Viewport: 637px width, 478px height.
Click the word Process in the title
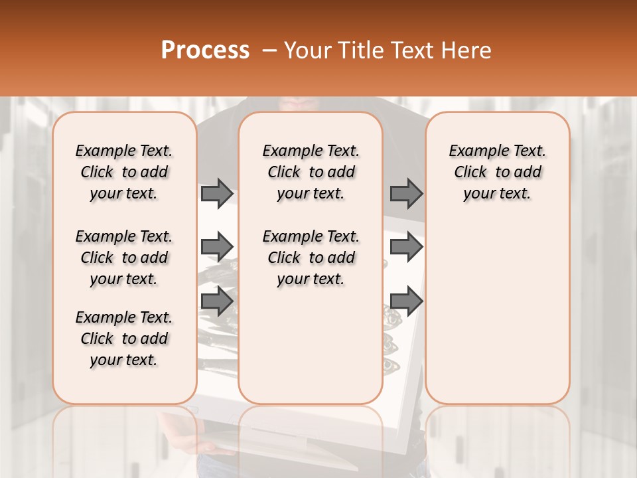[205, 50]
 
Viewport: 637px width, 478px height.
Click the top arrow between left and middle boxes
[217, 193]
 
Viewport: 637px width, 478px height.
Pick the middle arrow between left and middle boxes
[217, 247]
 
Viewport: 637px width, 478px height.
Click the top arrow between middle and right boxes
[406, 193]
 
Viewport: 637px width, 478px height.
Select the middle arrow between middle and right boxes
[406, 247]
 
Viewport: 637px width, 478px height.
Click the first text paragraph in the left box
[124, 172]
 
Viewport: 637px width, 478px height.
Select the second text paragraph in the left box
[124, 258]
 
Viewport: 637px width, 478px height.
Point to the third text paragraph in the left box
[124, 339]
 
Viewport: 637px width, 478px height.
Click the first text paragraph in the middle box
[311, 172]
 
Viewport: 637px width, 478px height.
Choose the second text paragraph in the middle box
[311, 258]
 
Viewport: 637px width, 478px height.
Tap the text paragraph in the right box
[498, 172]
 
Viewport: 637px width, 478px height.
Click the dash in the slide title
[269, 50]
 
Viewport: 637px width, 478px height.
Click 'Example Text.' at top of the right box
[498, 151]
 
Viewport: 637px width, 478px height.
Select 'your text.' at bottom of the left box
[124, 360]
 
